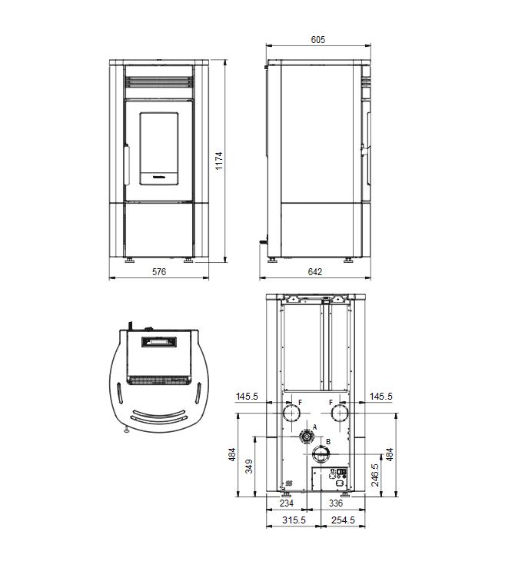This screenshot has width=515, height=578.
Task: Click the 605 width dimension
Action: point(317,39)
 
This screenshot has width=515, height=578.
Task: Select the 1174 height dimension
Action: point(219,161)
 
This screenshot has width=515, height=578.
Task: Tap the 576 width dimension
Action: point(159,271)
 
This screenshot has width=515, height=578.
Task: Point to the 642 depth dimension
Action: point(315,271)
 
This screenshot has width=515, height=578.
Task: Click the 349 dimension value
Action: point(249,467)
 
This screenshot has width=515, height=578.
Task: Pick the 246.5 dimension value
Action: point(375,475)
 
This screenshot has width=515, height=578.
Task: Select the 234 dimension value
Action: point(287,503)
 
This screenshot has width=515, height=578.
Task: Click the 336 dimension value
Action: point(335,503)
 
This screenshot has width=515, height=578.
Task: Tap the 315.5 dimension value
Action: point(294,520)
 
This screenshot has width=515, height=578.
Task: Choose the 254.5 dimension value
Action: point(343,520)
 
